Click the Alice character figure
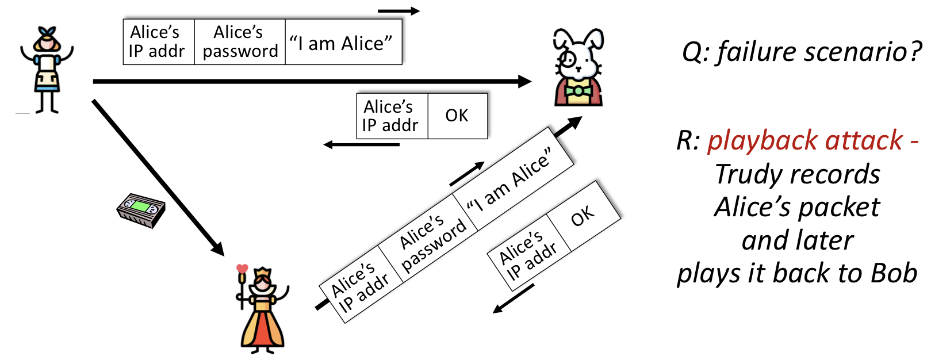pos(47,69)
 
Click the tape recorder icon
pos(141,210)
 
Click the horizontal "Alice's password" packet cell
pos(240,41)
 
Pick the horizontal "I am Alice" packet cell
pos(343,43)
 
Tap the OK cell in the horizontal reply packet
pos(457,116)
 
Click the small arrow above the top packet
pos(399,11)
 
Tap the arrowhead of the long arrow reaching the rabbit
pos(524,82)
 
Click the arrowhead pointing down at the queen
pos(217,248)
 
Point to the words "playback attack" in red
pos(804,141)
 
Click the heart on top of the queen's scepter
pos(242,269)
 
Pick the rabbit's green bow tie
pos(578,91)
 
